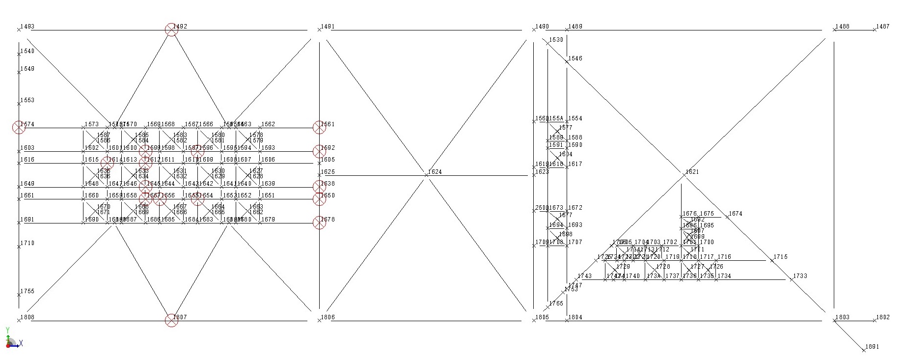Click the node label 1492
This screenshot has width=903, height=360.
coord(180,27)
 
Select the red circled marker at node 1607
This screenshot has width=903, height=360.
coord(171,321)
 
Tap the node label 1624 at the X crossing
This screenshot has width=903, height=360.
coord(435,172)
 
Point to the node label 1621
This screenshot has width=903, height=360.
coord(692,172)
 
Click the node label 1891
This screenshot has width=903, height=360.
coord(872,347)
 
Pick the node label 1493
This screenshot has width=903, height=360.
coord(27,27)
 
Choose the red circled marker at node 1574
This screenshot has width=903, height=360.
coord(19,127)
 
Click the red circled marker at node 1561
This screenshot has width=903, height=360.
coord(319,127)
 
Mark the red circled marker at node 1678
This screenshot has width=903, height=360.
coord(319,223)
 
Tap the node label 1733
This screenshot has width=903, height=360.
coord(800,276)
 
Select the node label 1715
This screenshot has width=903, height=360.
coord(780,257)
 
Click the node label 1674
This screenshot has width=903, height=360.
coord(736,214)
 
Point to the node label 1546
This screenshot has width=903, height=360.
coord(575,58)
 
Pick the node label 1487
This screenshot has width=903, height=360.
coord(883,27)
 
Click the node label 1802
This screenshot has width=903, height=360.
coord(883,317)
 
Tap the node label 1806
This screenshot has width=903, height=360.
coord(328,317)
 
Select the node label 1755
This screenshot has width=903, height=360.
coord(27,291)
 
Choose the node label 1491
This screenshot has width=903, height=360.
coord(328,27)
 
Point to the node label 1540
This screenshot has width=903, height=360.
coord(27,51)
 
